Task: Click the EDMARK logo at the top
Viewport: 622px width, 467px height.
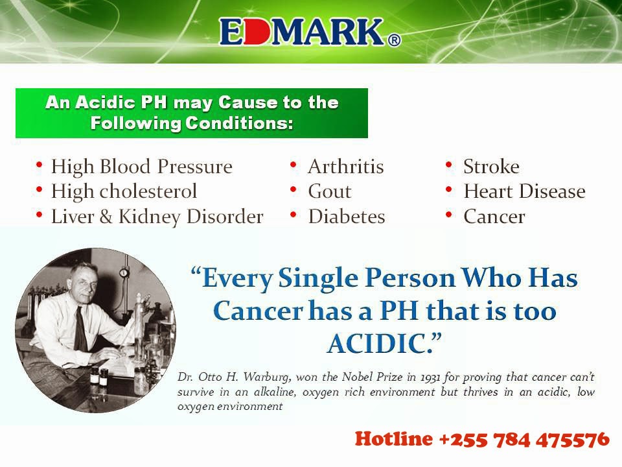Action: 310,31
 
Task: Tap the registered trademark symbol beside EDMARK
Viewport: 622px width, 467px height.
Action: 393,40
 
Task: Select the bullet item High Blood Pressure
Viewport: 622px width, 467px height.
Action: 142,167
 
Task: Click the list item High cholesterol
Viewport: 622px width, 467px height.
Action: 124,191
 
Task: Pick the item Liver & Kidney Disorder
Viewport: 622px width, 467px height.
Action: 157,217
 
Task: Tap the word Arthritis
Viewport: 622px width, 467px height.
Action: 346,167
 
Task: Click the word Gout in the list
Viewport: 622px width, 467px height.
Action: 330,191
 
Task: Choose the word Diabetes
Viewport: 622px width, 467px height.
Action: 347,217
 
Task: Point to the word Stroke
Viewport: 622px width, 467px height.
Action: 492,167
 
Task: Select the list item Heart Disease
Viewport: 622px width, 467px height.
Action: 525,191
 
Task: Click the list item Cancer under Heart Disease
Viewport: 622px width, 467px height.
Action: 494,217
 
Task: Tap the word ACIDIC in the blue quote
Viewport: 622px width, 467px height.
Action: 380,344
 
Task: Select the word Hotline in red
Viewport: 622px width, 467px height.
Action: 394,440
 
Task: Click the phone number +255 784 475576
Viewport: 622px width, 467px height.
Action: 524,440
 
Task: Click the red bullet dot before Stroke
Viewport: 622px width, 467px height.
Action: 448,164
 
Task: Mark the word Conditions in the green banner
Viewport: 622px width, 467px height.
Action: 240,123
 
